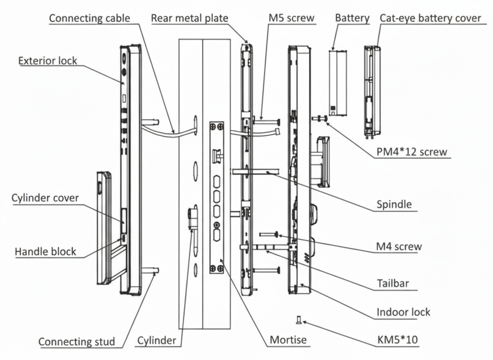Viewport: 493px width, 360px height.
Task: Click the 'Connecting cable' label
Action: pos(90,18)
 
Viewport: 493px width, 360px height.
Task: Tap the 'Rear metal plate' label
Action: pos(189,18)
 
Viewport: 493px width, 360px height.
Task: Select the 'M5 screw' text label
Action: pos(291,18)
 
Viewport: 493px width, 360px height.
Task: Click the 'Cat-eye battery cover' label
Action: pos(430,18)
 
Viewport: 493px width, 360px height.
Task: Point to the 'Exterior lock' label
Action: pos(47,61)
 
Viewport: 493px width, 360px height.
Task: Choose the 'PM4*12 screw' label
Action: pos(412,151)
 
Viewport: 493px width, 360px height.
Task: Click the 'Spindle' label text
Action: pos(393,204)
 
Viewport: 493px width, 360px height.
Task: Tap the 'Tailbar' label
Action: pos(393,284)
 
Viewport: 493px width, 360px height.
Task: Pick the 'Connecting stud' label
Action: pos(77,342)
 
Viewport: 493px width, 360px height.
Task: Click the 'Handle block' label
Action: pos(45,252)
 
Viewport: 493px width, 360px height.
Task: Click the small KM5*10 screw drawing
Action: pos(298,320)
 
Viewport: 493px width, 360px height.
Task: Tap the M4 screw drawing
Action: pos(269,235)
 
